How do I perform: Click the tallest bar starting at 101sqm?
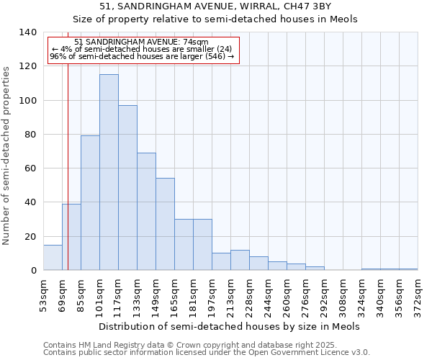click(x=109, y=173)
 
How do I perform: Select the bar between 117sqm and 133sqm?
click(x=127, y=188)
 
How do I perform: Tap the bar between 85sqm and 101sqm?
click(x=90, y=203)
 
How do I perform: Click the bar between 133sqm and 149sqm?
click(x=146, y=212)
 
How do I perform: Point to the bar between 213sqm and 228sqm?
click(x=240, y=261)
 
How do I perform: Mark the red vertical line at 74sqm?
click(x=68, y=166)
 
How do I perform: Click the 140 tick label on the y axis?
click(x=27, y=32)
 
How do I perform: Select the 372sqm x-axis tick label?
click(x=418, y=295)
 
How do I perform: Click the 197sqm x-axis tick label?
click(x=212, y=295)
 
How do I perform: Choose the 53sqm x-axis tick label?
click(x=43, y=295)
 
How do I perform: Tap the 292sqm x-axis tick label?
click(x=324, y=295)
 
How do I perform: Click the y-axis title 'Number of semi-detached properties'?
click(x=7, y=155)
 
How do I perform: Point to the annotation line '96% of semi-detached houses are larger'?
click(x=142, y=56)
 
